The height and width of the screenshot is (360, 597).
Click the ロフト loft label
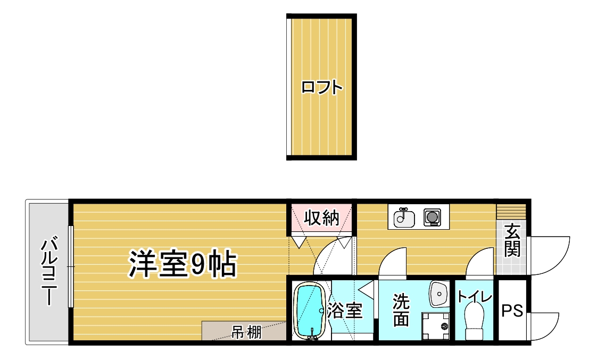[322, 87]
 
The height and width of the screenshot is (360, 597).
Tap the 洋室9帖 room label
[183, 264]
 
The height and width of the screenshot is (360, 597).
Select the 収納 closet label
[321, 218]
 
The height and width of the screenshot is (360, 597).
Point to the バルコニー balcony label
[49, 271]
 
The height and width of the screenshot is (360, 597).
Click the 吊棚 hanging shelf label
[246, 332]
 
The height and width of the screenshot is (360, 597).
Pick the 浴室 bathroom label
[345, 311]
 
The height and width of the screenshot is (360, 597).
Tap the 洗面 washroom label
[401, 310]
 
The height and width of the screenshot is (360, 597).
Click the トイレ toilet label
[475, 296]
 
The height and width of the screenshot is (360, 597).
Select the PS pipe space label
[512, 311]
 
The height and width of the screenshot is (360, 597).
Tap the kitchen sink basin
[404, 217]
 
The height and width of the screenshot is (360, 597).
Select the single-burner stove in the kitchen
[432, 217]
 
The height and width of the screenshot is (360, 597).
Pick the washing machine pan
[436, 326]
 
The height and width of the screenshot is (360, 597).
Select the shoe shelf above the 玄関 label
[511, 211]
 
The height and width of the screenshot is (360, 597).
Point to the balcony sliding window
[71, 266]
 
